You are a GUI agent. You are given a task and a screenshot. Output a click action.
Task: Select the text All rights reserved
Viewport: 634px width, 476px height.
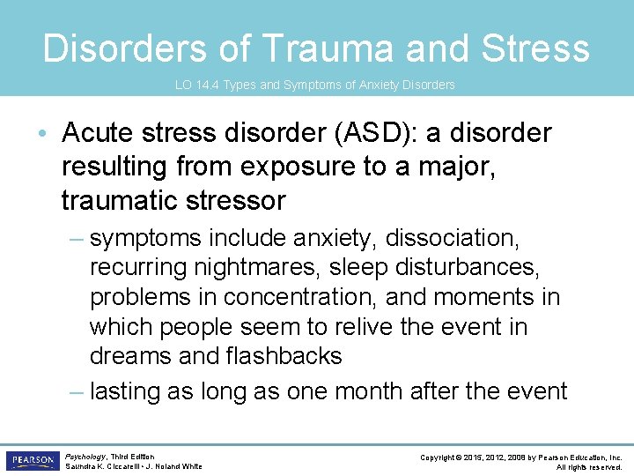coord(589,467)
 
